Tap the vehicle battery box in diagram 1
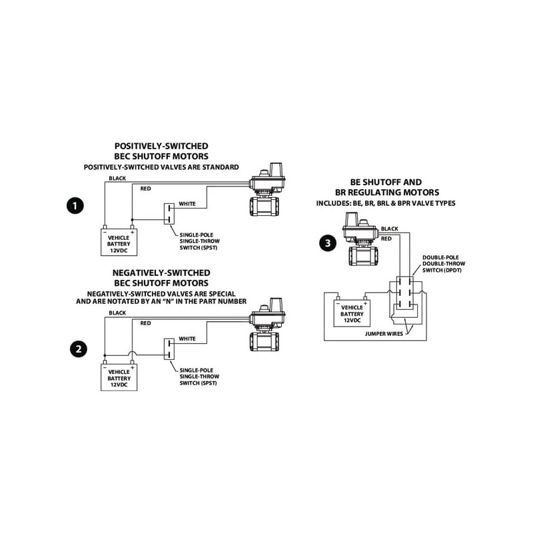pyautogui.click(x=119, y=242)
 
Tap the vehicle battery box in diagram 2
pyautogui.click(x=119, y=377)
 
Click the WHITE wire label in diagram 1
pyautogui.click(x=187, y=203)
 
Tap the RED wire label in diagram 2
pyautogui.click(x=145, y=323)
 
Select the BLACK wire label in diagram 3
pyautogui.click(x=390, y=229)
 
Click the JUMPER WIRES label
pyautogui.click(x=384, y=332)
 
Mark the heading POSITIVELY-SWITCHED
pyautogui.click(x=161, y=145)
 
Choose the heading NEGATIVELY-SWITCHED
pyautogui.click(x=162, y=272)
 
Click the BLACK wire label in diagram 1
pyautogui.click(x=117, y=179)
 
